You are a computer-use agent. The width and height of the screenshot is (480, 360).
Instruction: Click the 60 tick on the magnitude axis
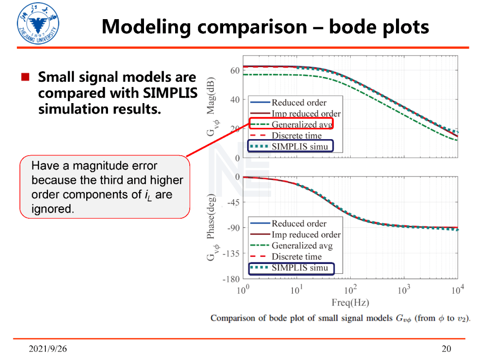tap(235, 71)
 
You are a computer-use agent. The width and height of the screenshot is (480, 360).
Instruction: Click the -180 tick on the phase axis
tap(231, 280)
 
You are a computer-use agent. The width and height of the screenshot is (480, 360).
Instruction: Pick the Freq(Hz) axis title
tap(350, 303)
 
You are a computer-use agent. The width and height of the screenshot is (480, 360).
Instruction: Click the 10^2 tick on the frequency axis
tap(350, 290)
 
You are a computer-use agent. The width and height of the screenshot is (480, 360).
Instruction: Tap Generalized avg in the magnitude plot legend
tap(302, 124)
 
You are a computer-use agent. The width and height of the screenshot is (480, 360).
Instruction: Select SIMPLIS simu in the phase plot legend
tap(300, 268)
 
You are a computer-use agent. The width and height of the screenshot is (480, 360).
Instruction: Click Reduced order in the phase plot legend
tap(299, 224)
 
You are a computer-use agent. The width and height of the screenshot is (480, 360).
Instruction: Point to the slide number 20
tap(446, 348)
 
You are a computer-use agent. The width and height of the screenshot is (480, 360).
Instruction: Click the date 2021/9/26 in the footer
tap(48, 348)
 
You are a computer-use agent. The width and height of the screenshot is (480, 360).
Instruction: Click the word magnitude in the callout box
tap(99, 166)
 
